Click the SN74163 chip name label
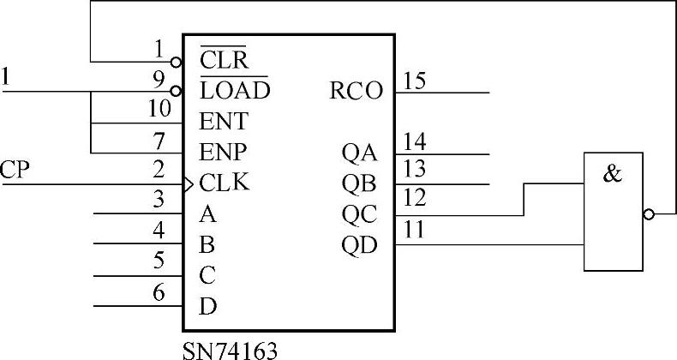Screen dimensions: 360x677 [x=230, y=350]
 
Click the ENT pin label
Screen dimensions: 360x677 [x=223, y=120]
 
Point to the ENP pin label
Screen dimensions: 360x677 [x=223, y=152]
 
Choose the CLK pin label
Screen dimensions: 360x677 [x=225, y=183]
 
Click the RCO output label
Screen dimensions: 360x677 [x=356, y=90]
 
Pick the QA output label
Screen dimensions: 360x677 [x=359, y=153]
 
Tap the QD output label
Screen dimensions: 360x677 [x=359, y=245]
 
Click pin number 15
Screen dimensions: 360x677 [x=415, y=81]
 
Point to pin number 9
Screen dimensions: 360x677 [x=159, y=79]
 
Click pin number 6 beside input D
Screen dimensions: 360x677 [x=159, y=292]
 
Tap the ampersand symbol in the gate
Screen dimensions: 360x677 [x=613, y=175]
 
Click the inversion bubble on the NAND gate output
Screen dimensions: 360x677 [x=649, y=213]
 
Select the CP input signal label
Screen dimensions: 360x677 [x=15, y=170]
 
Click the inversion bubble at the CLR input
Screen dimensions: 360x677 [x=177, y=62]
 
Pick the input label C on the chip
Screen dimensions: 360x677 [x=207, y=276]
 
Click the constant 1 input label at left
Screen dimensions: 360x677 [x=7, y=78]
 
